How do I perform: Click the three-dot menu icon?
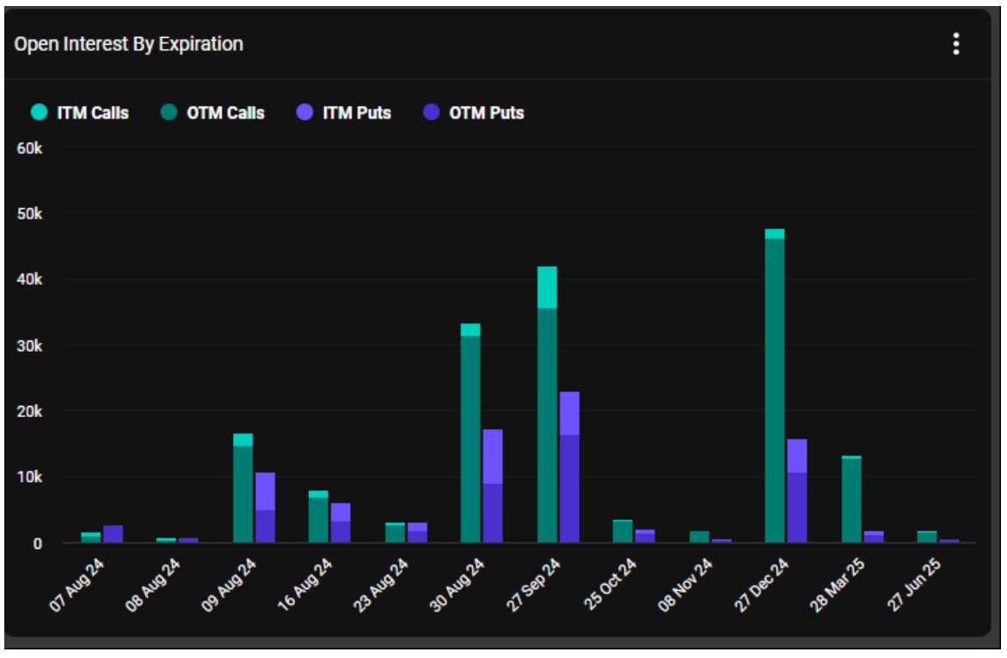[955, 45]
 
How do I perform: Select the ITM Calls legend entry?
[83, 113]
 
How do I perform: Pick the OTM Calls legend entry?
[214, 113]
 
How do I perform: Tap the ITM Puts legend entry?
[347, 113]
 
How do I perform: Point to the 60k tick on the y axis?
[31, 148]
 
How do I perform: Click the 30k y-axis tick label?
[31, 346]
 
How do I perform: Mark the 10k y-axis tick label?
[31, 477]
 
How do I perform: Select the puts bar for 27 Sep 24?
[569, 469]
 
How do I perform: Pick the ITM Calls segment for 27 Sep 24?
[547, 287]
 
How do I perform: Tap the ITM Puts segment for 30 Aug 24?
[493, 456]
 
